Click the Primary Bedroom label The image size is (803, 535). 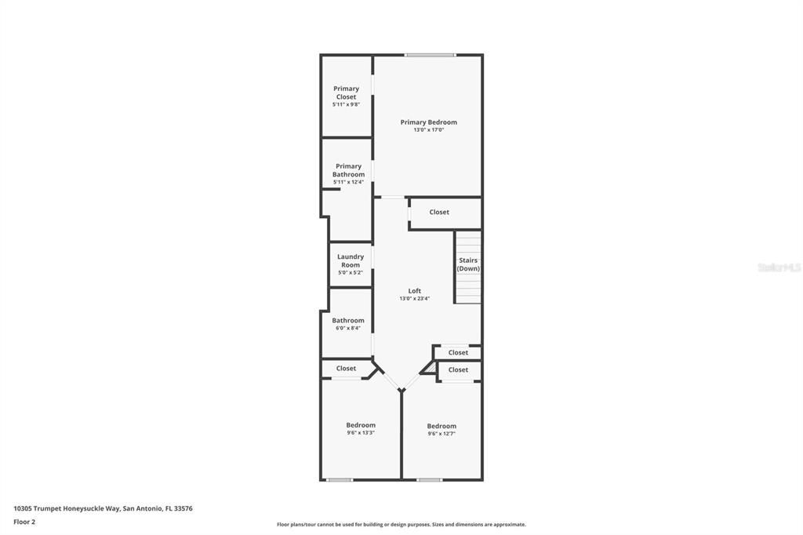tap(428, 122)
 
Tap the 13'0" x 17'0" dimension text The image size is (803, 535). tap(428, 130)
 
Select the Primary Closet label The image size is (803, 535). tap(346, 93)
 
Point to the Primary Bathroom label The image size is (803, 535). tap(349, 170)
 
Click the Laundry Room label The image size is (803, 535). tap(351, 260)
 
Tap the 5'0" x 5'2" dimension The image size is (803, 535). tap(351, 272)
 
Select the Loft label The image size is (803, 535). tap(414, 291)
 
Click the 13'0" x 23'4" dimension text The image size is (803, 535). tap(414, 298)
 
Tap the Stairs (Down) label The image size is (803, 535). tap(468, 264)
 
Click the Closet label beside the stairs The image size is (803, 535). tap(439, 212)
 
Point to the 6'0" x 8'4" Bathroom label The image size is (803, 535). tap(348, 320)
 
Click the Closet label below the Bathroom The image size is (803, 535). tap(346, 368)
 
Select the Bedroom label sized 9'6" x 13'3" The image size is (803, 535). tap(361, 425)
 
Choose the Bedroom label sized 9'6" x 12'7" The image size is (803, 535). tap(441, 426)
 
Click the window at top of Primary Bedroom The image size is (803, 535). tap(430, 55)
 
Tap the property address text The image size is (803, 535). tap(103, 508)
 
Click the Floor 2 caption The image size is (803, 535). tap(24, 522)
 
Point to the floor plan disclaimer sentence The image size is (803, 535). tap(401, 524)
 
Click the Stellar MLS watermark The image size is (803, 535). tap(779, 267)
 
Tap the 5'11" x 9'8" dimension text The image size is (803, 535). tap(346, 104)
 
